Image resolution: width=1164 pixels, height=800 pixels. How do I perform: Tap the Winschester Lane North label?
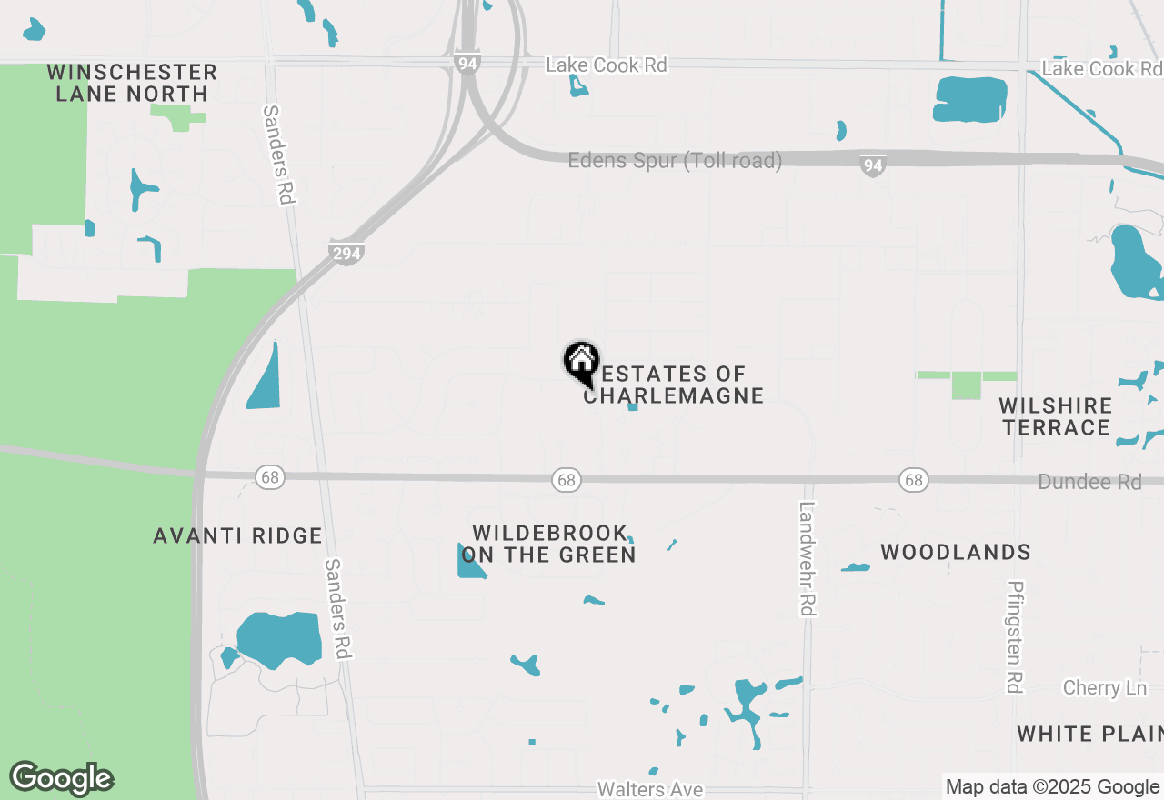pyautogui.click(x=132, y=83)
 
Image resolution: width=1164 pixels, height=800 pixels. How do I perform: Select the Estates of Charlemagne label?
pyautogui.click(x=674, y=385)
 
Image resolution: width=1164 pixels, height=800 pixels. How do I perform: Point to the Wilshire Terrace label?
pyautogui.click(x=1055, y=416)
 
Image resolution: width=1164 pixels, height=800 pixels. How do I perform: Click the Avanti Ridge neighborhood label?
pyautogui.click(x=237, y=536)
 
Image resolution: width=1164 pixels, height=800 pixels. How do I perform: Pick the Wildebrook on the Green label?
pyautogui.click(x=549, y=544)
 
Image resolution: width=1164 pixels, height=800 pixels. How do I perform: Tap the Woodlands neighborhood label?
pyautogui.click(x=956, y=552)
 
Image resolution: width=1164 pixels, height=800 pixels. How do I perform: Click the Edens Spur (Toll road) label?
pyautogui.click(x=675, y=161)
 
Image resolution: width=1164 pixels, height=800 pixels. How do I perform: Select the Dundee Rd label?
pyautogui.click(x=1089, y=482)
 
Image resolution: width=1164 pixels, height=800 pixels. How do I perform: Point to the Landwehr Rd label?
pyautogui.click(x=806, y=558)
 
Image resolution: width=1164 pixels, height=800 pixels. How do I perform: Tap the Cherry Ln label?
pyautogui.click(x=1105, y=687)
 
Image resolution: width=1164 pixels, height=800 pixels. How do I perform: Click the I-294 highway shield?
pyautogui.click(x=346, y=254)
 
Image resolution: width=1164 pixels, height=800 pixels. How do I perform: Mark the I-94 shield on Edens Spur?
pyautogui.click(x=872, y=165)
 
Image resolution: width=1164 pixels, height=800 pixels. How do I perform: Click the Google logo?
pyautogui.click(x=61, y=778)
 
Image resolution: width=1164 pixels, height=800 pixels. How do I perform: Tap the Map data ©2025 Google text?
pyautogui.click(x=1052, y=787)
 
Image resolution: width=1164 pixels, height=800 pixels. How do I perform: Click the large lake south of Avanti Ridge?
pyautogui.click(x=279, y=640)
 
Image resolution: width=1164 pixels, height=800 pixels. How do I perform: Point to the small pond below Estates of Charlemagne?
pyautogui.click(x=633, y=406)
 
